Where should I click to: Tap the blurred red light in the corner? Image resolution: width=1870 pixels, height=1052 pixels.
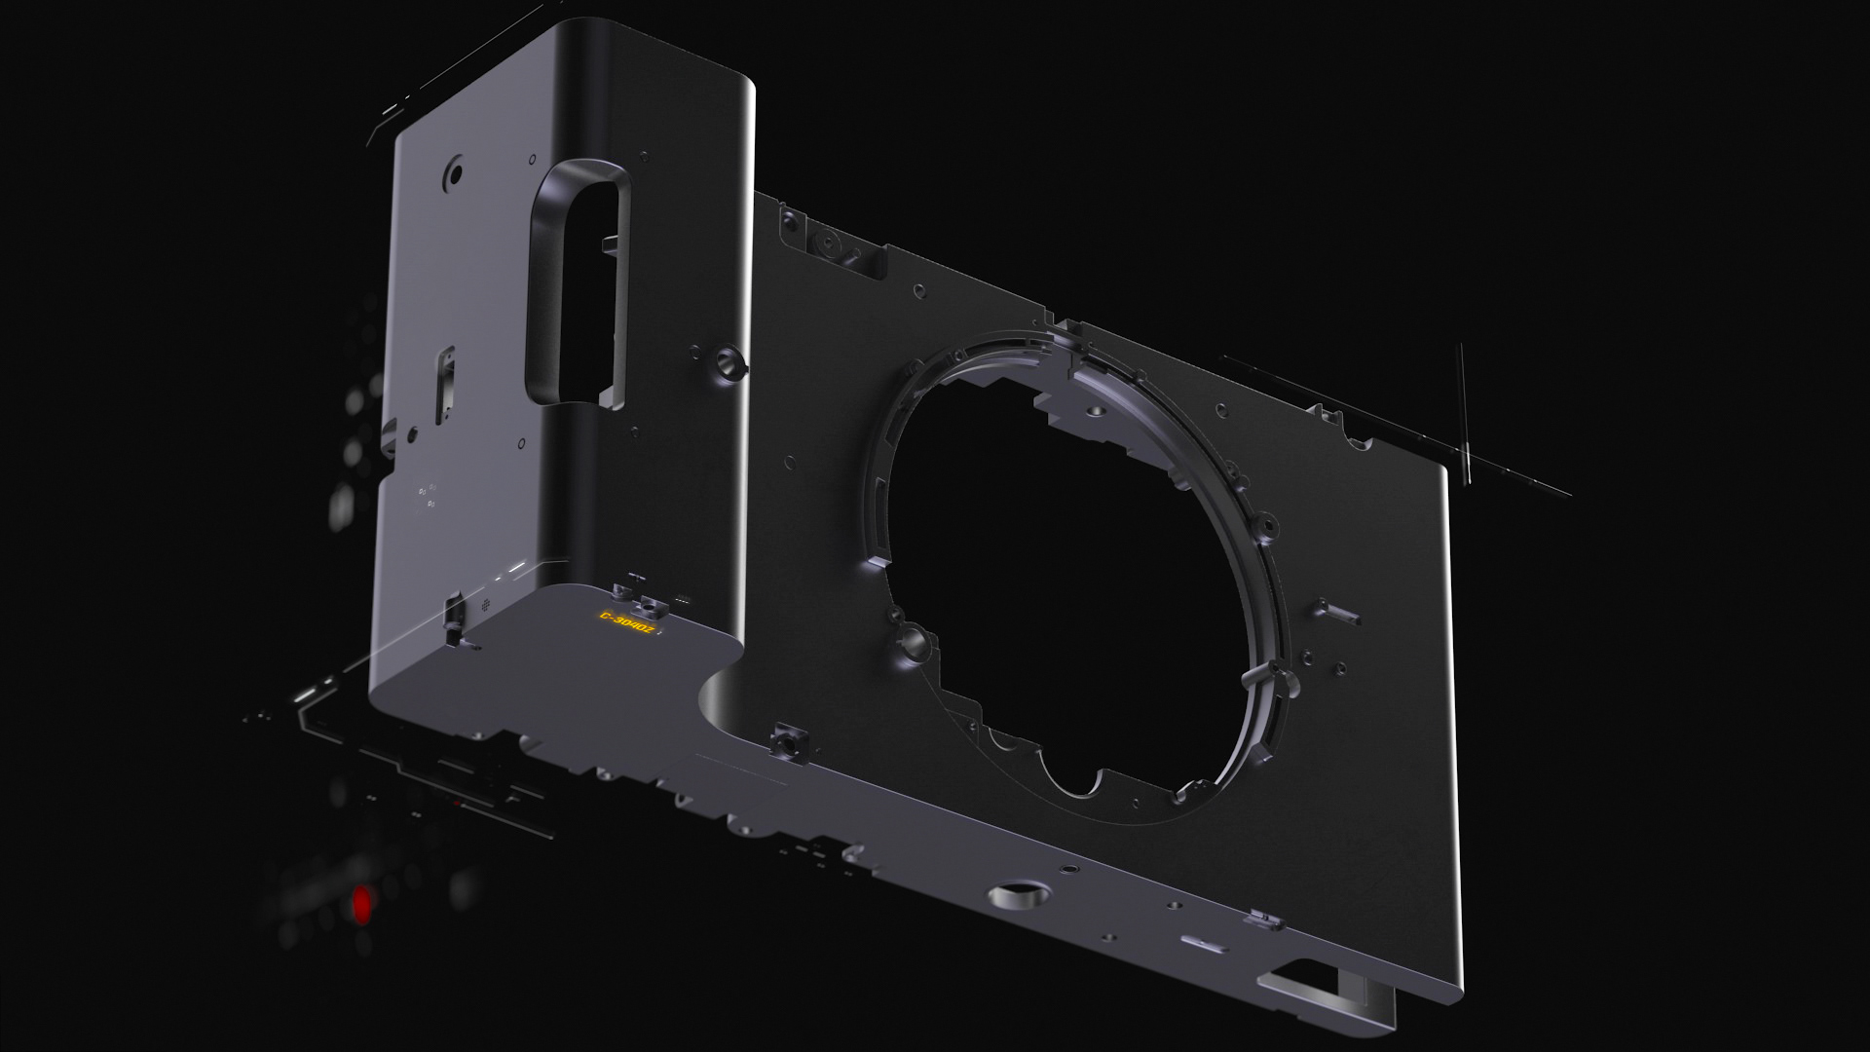(361, 904)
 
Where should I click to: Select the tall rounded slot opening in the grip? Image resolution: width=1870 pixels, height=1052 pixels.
(575, 282)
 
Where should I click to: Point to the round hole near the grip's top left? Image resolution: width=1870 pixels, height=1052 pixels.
(453, 175)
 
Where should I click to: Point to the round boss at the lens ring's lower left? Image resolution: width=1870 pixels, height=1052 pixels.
(914, 640)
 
